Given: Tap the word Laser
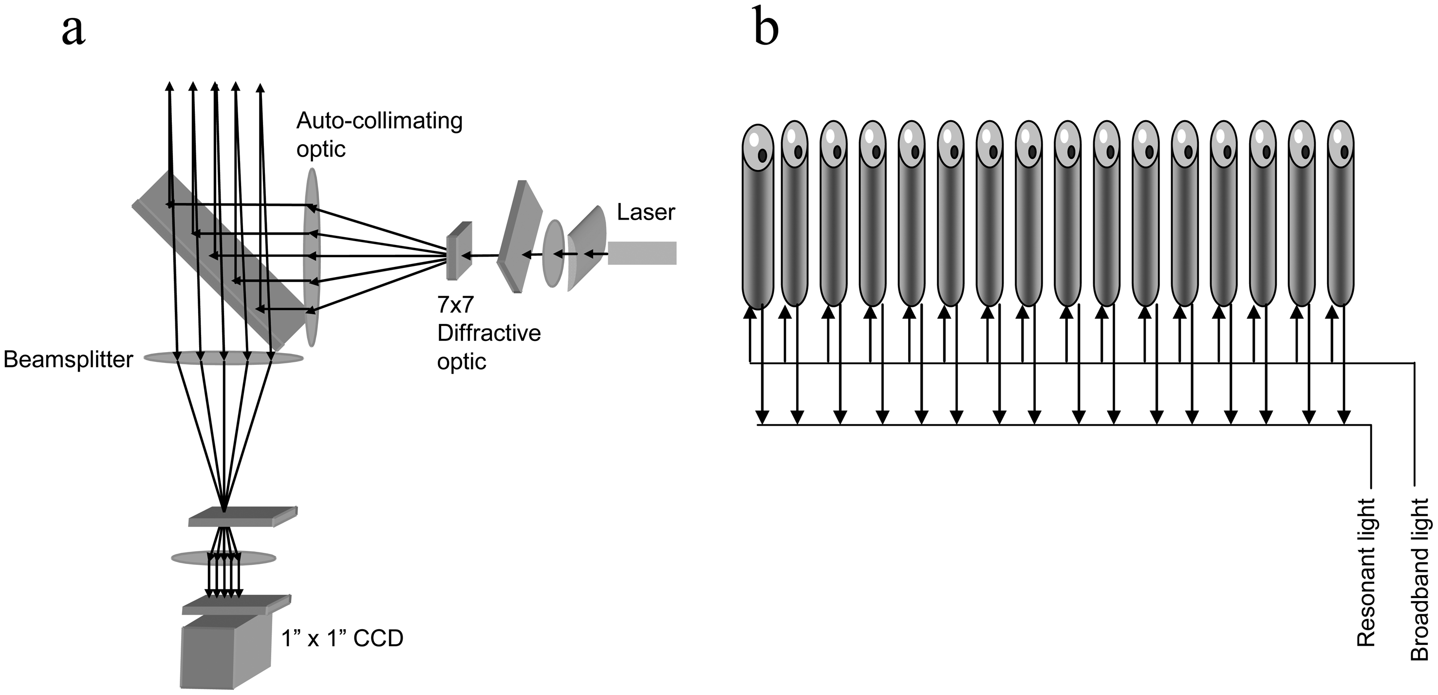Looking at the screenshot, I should pyautogui.click(x=646, y=212).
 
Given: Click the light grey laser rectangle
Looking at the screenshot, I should pyautogui.click(x=642, y=253).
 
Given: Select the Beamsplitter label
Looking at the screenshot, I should pyautogui.click(x=68, y=360).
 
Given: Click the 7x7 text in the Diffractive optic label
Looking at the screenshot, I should pyautogui.click(x=455, y=305).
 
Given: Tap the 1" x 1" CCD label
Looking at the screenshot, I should pyautogui.click(x=342, y=638).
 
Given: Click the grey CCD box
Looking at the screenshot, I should pyautogui.click(x=224, y=658).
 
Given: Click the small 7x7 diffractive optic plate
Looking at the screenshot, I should pyautogui.click(x=459, y=251).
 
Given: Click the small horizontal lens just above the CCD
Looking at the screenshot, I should pyautogui.click(x=224, y=558).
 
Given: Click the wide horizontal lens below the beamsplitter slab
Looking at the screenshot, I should pyautogui.click(x=224, y=358).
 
